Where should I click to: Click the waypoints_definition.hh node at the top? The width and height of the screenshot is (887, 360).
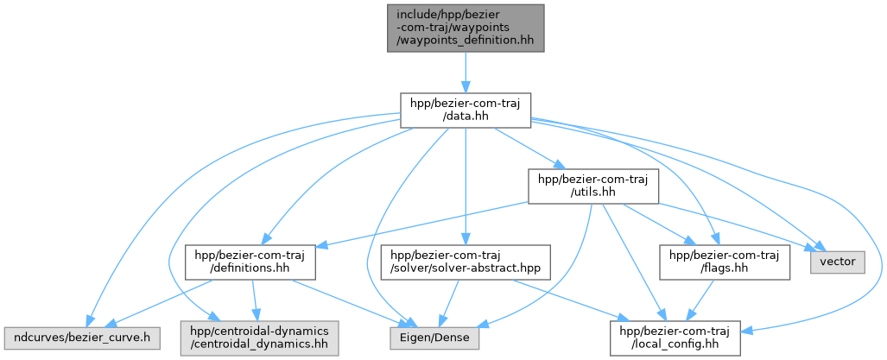coord(466,28)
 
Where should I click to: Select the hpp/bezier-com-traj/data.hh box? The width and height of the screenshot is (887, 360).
coord(466,111)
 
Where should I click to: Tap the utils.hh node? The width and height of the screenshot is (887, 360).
coord(592,186)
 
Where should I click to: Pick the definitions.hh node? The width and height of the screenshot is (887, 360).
coord(250,262)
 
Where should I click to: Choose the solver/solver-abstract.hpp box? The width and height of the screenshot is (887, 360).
coord(466,262)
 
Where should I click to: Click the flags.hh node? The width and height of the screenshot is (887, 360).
coord(725,262)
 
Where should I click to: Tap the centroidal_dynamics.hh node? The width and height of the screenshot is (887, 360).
coord(260,338)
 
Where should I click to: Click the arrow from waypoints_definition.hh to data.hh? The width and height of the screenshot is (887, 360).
coord(466,73)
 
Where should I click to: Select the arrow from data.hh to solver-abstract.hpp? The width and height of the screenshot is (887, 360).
coord(466,186)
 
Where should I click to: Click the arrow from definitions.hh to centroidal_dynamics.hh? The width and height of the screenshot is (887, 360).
coord(255,300)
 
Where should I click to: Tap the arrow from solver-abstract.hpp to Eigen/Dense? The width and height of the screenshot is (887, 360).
coord(450,303)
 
